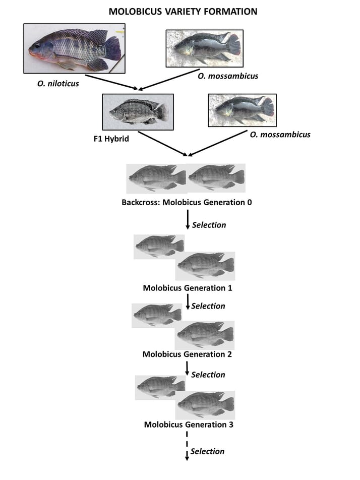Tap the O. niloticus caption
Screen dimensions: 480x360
tap(58, 84)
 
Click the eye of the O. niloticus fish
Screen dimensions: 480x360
tap(38, 45)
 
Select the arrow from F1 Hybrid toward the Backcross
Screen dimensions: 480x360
tap(164, 144)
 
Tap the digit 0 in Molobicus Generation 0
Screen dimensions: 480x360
tap(249, 203)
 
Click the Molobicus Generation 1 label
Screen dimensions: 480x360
tap(187, 288)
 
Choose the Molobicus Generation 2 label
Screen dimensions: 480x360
tap(187, 354)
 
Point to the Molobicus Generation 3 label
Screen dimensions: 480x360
tap(189, 425)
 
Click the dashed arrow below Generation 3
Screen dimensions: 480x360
tap(187, 446)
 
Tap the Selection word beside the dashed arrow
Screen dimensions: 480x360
tap(207, 451)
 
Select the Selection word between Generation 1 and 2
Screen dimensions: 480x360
tap(208, 306)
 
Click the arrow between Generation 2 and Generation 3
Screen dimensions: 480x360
tap(187, 369)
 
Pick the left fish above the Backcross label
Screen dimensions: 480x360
tap(156, 177)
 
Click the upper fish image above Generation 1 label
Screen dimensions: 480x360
tap(158, 246)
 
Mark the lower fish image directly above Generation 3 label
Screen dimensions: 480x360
tap(205, 404)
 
